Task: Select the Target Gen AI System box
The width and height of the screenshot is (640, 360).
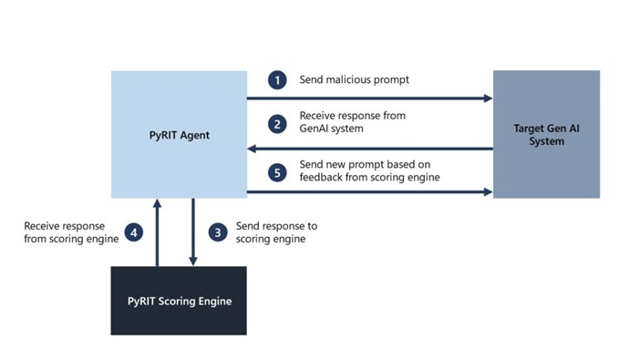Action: coord(546,134)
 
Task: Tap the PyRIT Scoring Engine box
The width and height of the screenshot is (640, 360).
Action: coord(179,301)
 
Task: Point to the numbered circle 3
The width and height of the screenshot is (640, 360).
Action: coord(217,231)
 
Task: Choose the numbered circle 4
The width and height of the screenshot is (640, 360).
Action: coord(133,231)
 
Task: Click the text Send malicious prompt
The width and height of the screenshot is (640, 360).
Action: coord(354,80)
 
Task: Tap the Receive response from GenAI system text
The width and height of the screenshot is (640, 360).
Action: coord(352,122)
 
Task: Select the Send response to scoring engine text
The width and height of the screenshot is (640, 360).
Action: coord(276,231)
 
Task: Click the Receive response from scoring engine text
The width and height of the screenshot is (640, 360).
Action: coord(65,231)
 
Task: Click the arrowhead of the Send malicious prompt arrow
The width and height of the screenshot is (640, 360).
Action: coord(487,98)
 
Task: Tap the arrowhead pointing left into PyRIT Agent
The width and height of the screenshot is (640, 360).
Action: coord(253,148)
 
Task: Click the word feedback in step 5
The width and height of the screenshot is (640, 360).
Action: coord(325,177)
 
